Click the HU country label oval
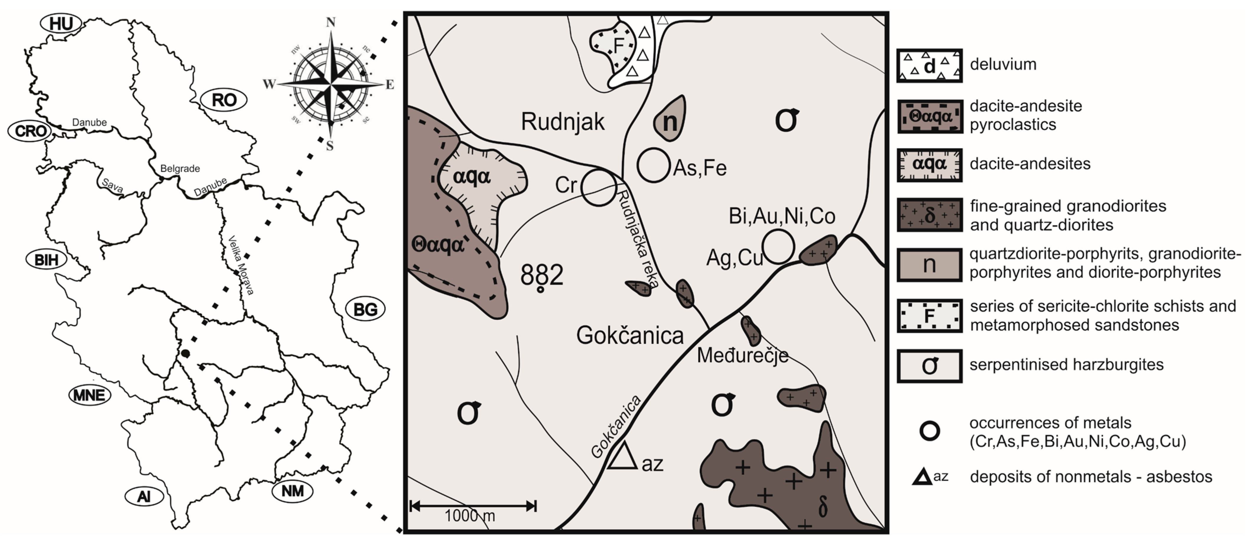click(x=61, y=23)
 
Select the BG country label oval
click(x=365, y=309)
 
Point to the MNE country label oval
click(x=89, y=395)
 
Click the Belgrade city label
click(x=180, y=168)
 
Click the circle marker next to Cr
click(x=599, y=187)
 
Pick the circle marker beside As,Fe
click(x=653, y=165)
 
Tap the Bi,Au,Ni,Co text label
click(x=782, y=216)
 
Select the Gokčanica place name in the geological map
click(x=630, y=335)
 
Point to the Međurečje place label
click(x=742, y=355)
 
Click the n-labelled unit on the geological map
click(x=670, y=119)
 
